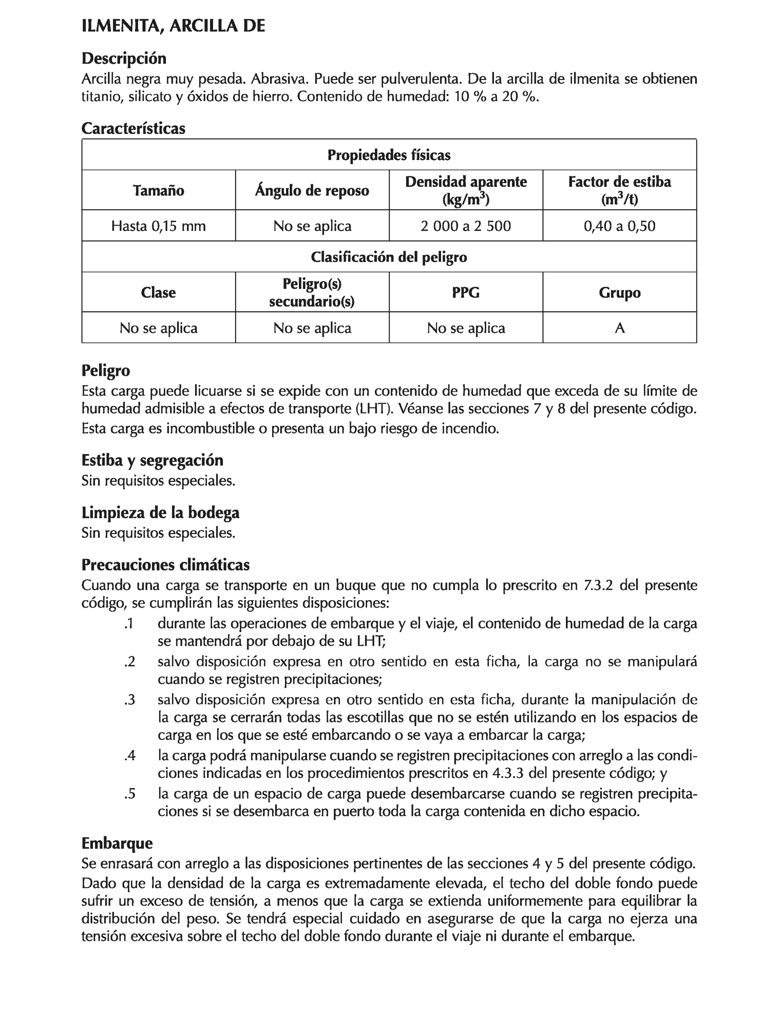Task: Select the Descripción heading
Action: click(123, 58)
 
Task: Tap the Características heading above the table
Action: click(133, 128)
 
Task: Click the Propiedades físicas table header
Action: click(389, 155)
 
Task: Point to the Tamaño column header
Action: click(158, 190)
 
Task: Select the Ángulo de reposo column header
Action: click(312, 190)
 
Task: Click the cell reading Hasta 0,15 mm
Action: click(158, 226)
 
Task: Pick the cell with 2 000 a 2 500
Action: click(466, 226)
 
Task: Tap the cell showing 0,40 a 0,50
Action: click(619, 226)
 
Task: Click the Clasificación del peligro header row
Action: click(389, 257)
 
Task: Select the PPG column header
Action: click(466, 292)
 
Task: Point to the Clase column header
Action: click(158, 292)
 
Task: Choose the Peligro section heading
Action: click(105, 370)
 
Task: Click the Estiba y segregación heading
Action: click(152, 460)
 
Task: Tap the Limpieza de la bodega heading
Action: click(160, 512)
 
